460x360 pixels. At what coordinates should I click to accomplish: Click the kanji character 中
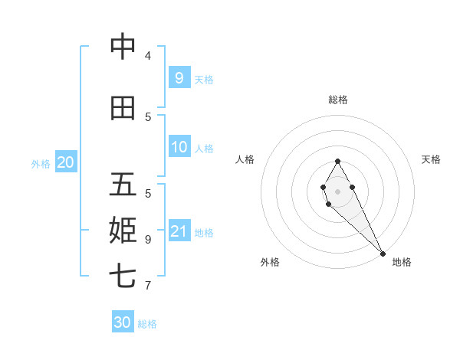pyautogui.click(x=123, y=47)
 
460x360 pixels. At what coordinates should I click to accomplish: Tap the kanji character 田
pyautogui.click(x=123, y=108)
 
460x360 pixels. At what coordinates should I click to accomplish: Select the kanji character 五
pyautogui.click(x=123, y=185)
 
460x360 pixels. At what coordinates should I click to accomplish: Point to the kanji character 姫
pyautogui.click(x=123, y=230)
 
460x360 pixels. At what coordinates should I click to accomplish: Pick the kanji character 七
pyautogui.click(x=123, y=276)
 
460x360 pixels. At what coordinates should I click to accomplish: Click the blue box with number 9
pyautogui.click(x=179, y=77)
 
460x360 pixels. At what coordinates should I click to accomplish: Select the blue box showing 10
pyautogui.click(x=179, y=147)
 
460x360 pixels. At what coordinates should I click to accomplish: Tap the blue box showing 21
pyautogui.click(x=179, y=231)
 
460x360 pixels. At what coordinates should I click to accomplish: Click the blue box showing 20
pyautogui.click(x=65, y=162)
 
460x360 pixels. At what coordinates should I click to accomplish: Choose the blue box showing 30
pyautogui.click(x=122, y=322)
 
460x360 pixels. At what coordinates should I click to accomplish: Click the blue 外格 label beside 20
pyautogui.click(x=41, y=163)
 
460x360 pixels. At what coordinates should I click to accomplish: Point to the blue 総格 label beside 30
pyautogui.click(x=147, y=324)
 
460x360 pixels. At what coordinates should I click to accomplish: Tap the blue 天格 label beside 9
pyautogui.click(x=204, y=79)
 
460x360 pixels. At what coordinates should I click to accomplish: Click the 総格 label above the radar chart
pyautogui.click(x=338, y=100)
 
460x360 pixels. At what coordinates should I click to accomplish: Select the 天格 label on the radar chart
pyautogui.click(x=431, y=159)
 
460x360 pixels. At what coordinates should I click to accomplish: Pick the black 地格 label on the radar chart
pyautogui.click(x=402, y=262)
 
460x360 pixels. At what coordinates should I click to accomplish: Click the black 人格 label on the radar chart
pyautogui.click(x=245, y=159)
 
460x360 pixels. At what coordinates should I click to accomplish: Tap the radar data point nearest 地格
pyautogui.click(x=382, y=253)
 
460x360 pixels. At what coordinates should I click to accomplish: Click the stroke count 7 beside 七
pyautogui.click(x=148, y=285)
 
